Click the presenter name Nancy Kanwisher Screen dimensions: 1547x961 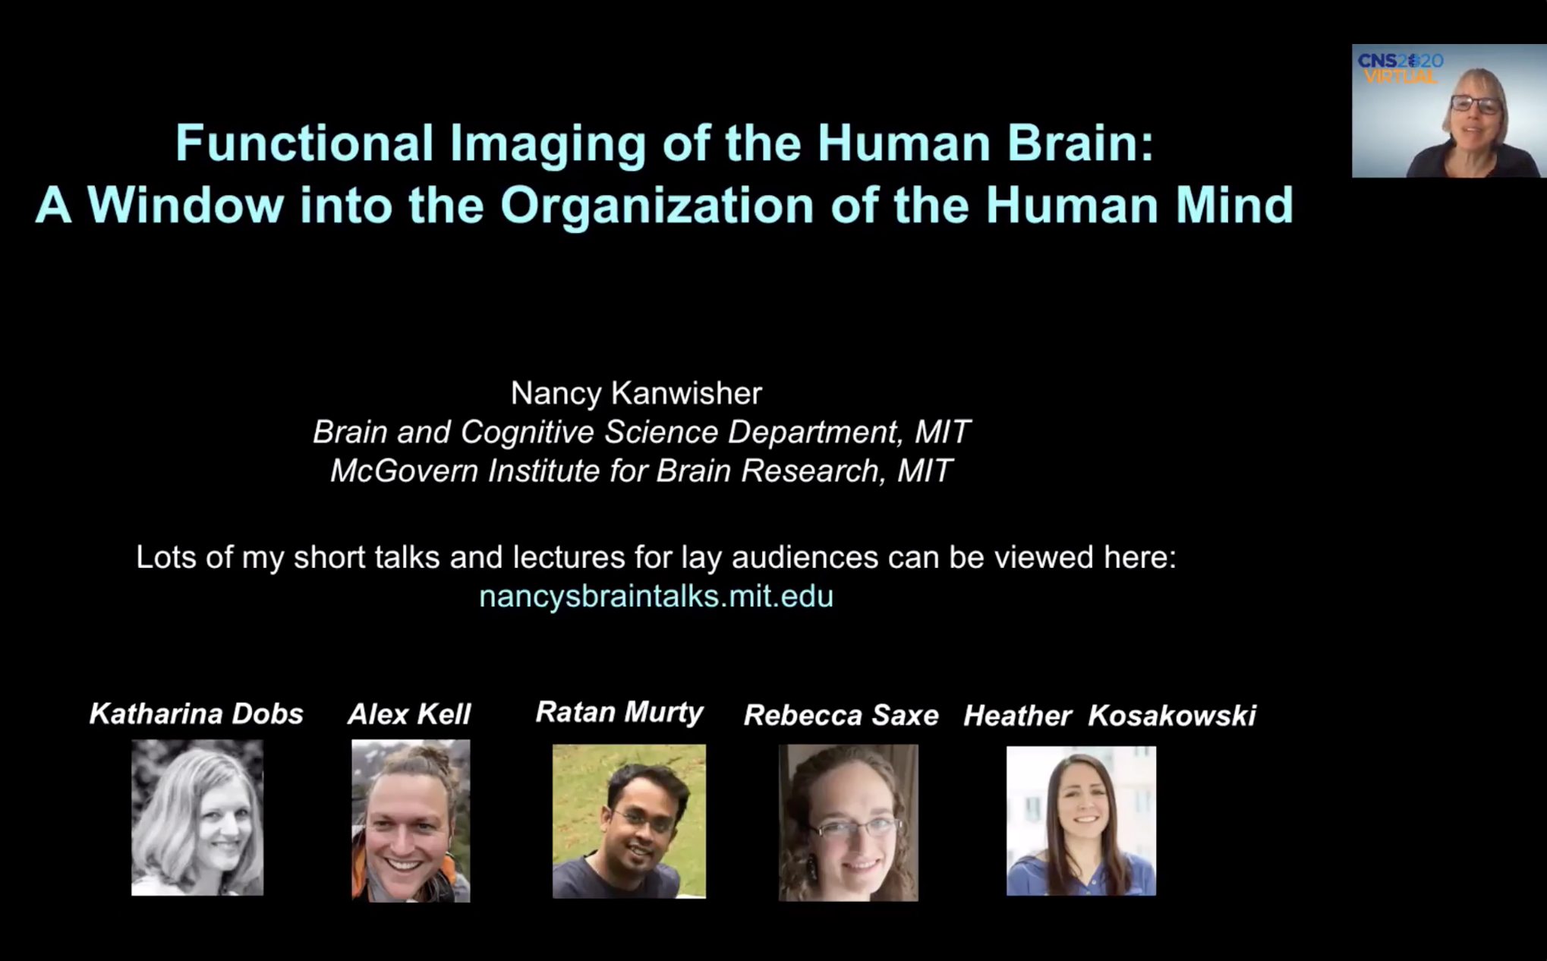636,393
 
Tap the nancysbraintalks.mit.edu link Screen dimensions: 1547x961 656,596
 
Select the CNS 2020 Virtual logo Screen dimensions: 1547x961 1400,69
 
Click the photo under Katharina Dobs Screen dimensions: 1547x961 197,818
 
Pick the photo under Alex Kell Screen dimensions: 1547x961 411,821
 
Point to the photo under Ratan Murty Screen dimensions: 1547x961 629,821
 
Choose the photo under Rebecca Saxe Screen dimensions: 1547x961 849,822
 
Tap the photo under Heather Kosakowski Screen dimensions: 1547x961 1081,821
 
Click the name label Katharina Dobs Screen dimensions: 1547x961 197,714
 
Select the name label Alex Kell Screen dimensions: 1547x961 409,714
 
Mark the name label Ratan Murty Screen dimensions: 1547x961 619,713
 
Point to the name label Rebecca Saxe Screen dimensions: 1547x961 841,715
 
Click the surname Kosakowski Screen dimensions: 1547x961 1172,715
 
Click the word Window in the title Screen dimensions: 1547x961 186,205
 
